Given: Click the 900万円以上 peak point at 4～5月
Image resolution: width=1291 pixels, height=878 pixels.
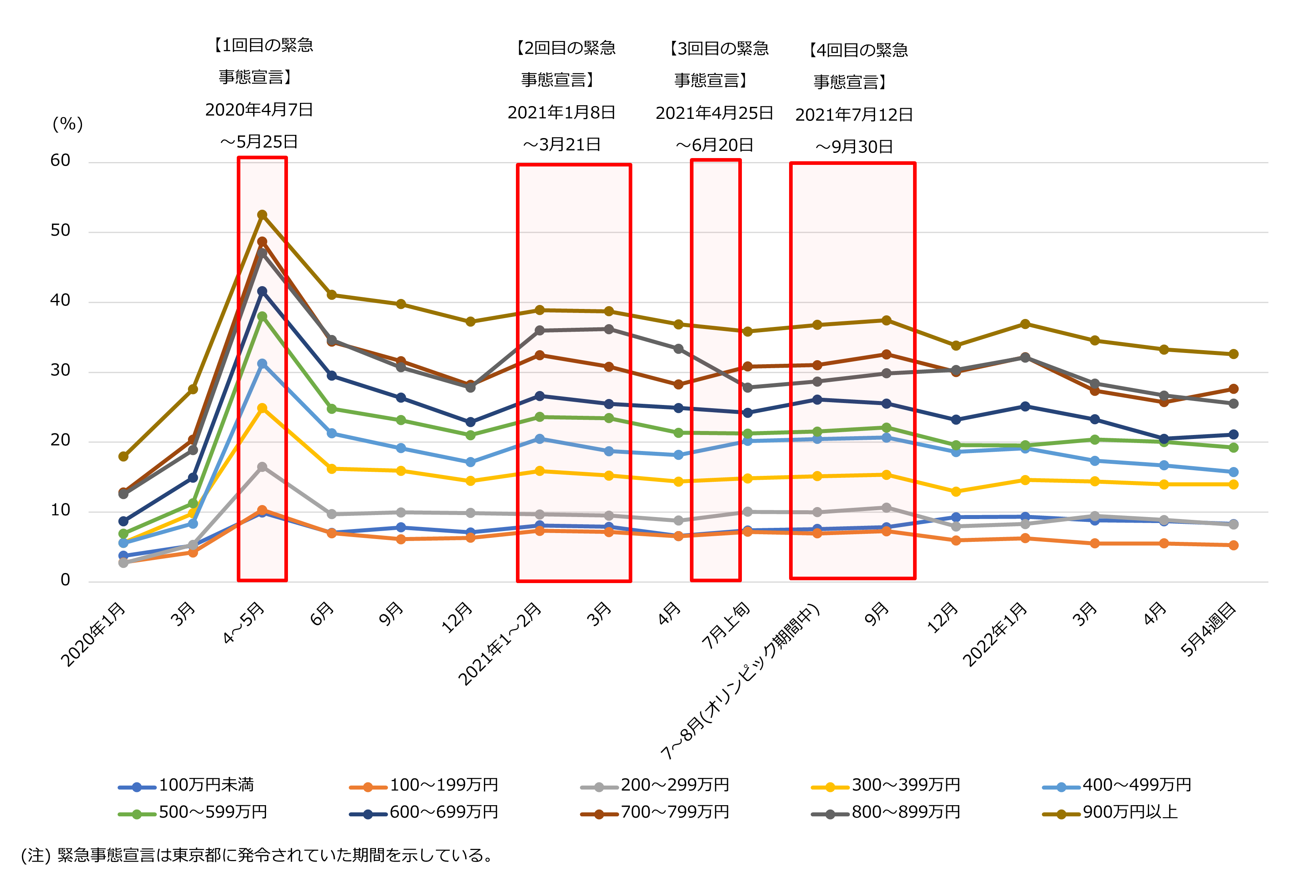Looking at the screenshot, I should (262, 215).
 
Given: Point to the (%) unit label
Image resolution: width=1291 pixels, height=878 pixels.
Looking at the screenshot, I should (67, 123).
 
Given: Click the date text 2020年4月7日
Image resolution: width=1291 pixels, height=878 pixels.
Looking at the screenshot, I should (259, 110).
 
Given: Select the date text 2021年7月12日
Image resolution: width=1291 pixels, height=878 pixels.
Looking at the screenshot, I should (854, 114).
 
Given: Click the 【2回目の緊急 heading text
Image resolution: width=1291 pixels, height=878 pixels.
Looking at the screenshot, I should (566, 48).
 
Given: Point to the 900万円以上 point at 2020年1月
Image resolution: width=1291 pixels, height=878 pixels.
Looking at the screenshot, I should (123, 456).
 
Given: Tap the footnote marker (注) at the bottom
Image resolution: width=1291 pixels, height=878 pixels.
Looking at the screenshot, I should (36, 855).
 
